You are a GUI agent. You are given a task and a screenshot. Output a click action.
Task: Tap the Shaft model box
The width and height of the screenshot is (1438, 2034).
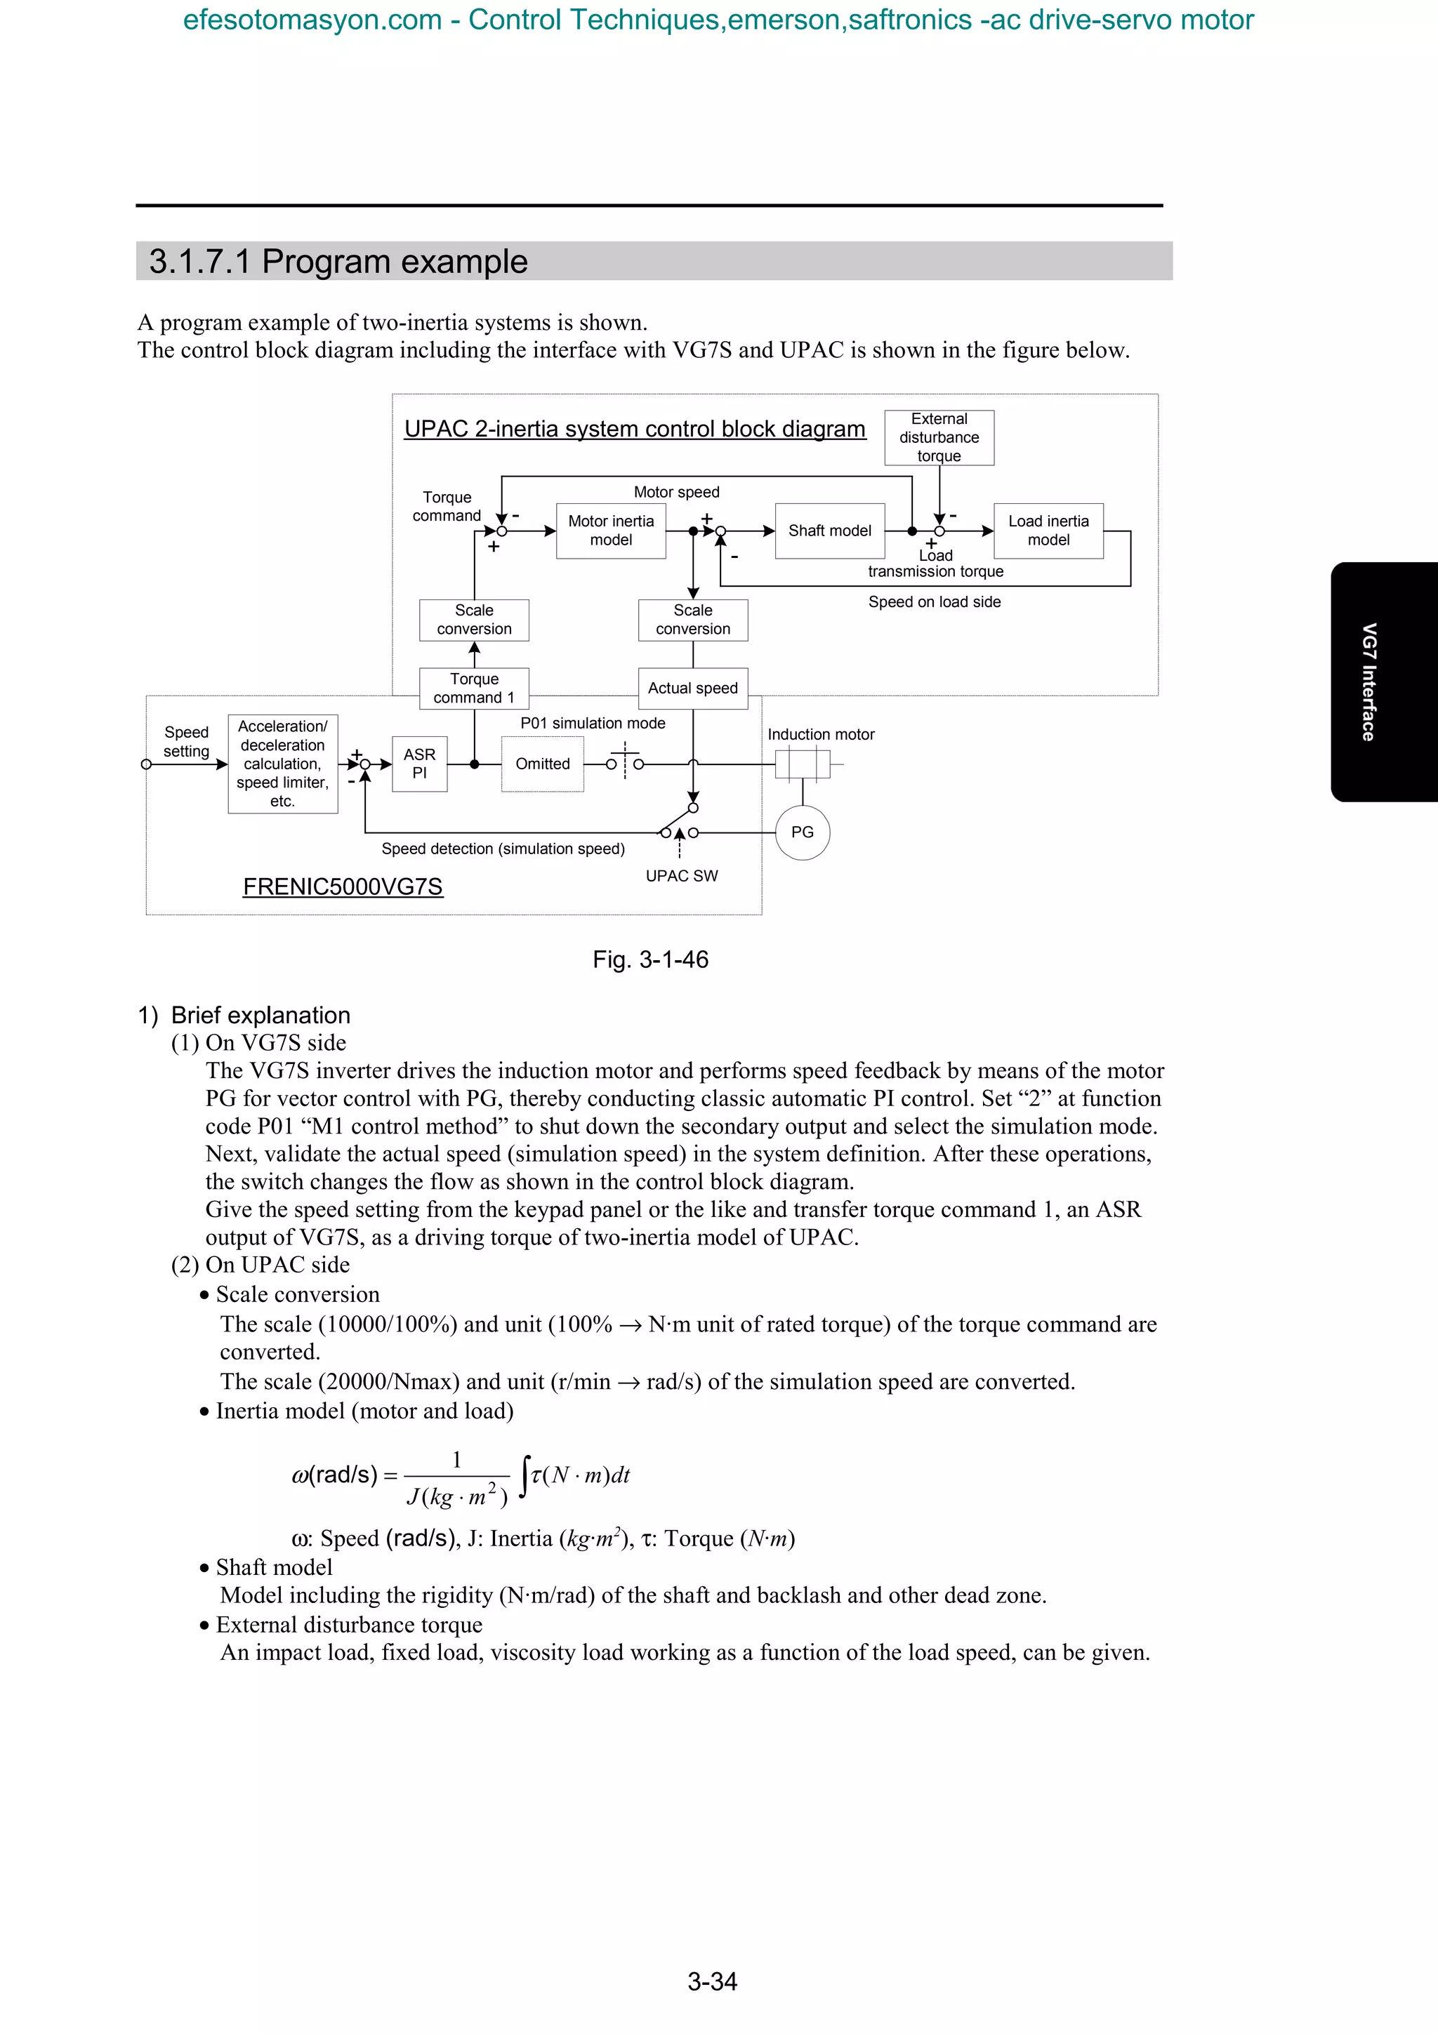pyautogui.click(x=829, y=531)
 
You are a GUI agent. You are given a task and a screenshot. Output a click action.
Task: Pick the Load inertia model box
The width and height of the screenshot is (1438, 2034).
pyautogui.click(x=1048, y=531)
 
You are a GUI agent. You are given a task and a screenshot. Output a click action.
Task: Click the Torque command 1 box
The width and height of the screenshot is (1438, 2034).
pyautogui.click(x=474, y=689)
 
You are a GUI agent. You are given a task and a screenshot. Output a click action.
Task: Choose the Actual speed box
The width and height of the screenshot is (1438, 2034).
pyautogui.click(x=693, y=689)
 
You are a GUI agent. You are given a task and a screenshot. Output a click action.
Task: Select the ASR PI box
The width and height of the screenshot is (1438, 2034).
pyautogui.click(x=419, y=764)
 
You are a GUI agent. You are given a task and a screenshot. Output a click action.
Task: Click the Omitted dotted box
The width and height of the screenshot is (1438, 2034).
pyautogui.click(x=542, y=764)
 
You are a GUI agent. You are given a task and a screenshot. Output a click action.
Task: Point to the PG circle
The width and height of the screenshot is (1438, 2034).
pyautogui.click(x=802, y=832)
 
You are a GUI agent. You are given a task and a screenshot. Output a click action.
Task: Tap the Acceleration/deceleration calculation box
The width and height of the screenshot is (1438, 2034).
pyautogui.click(x=283, y=764)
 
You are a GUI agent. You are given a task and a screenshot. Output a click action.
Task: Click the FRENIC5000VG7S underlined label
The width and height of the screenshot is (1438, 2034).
pyautogui.click(x=343, y=886)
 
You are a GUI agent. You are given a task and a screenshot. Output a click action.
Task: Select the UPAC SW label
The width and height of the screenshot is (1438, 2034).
pyautogui.click(x=681, y=876)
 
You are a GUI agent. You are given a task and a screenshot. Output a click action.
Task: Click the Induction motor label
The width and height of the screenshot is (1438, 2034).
pyautogui.click(x=820, y=734)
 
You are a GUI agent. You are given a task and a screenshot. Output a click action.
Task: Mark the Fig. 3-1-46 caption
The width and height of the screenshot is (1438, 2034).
pyautogui.click(x=650, y=959)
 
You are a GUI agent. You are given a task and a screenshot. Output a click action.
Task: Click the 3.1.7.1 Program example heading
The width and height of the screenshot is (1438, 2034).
pyautogui.click(x=338, y=261)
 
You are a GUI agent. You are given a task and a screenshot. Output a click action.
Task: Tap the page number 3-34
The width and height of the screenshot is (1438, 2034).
pyautogui.click(x=713, y=1982)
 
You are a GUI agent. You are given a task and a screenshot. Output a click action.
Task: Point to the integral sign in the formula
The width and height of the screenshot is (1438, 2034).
pyautogui.click(x=525, y=1476)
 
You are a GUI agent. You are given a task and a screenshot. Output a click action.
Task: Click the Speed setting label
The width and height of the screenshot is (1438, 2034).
pyautogui.click(x=186, y=741)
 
